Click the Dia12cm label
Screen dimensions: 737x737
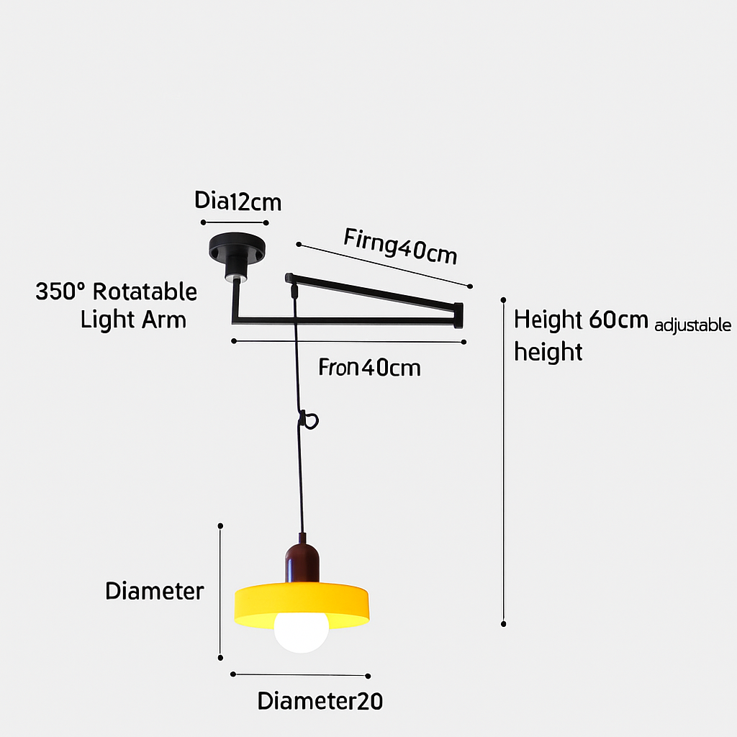pos(238,201)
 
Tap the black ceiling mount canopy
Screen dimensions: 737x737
pos(237,248)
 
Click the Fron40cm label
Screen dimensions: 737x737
pos(369,368)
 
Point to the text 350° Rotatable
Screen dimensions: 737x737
pos(116,291)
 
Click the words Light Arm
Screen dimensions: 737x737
pos(133,319)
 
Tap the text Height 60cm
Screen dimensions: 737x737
pos(582,320)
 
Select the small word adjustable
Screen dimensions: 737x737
pos(692,325)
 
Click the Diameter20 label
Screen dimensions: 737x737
pos(320,700)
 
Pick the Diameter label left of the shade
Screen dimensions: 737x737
pos(155,591)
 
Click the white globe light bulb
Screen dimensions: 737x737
pos(301,630)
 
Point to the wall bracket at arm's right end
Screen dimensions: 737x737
pos(458,315)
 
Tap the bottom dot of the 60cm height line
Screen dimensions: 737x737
pos(504,624)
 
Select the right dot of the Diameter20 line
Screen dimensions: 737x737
pos(368,676)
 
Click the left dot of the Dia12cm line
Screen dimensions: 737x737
pos(204,222)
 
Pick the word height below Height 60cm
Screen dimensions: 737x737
pos(548,352)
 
